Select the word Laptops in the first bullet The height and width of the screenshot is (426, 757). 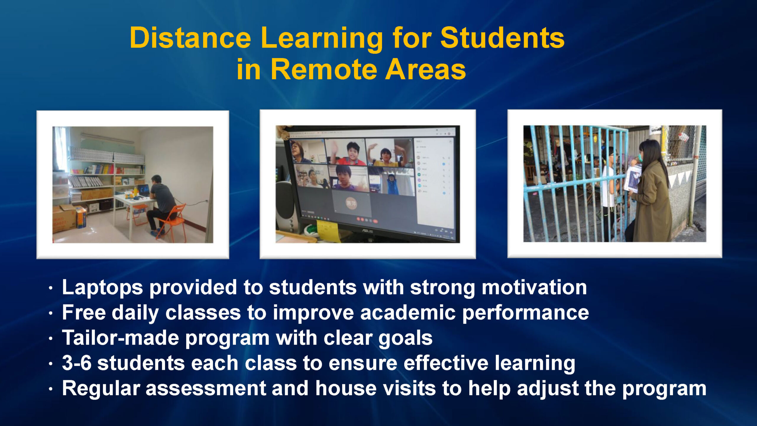coord(102,288)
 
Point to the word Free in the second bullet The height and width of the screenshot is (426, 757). coord(84,312)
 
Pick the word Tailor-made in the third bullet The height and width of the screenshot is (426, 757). coord(120,338)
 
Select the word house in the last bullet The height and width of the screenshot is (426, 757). coord(346,388)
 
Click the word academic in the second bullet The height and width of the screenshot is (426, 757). coord(408,312)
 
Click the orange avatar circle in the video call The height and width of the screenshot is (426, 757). coord(351,203)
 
